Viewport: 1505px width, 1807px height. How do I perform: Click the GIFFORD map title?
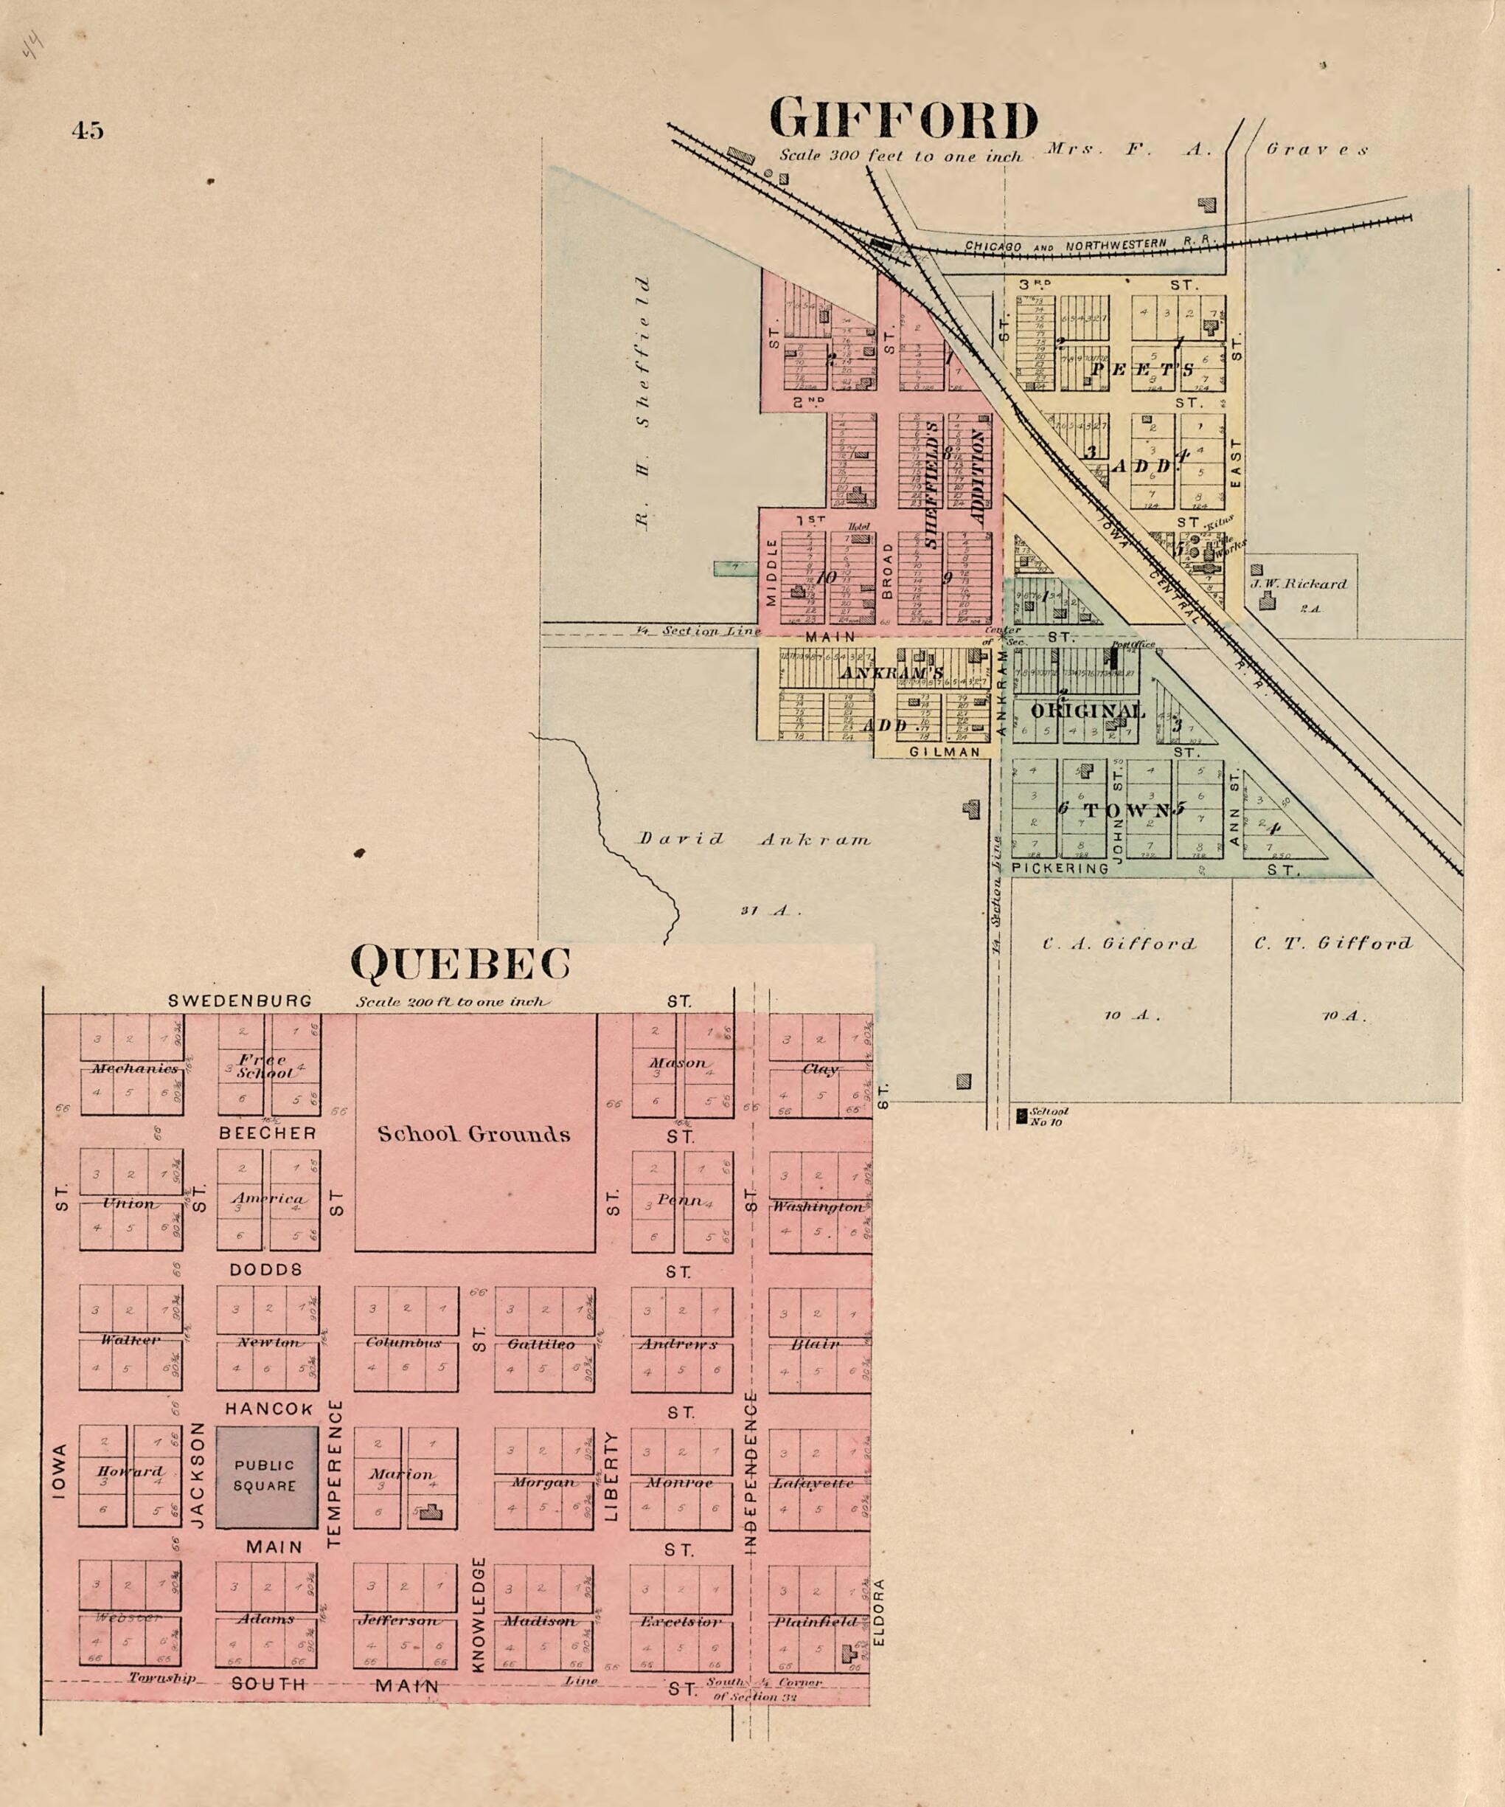click(903, 120)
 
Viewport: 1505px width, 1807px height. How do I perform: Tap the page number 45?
click(88, 131)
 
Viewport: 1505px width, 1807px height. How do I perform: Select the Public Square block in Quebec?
click(265, 1476)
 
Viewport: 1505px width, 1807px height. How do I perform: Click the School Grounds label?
click(474, 1134)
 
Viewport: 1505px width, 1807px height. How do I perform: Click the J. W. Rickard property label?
click(1299, 584)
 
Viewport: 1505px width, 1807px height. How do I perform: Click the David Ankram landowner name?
click(754, 840)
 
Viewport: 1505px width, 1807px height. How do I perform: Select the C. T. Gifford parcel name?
click(1332, 943)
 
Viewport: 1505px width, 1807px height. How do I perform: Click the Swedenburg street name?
click(240, 1001)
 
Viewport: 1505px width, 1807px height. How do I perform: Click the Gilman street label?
click(945, 751)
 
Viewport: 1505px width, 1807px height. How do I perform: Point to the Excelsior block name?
click(679, 1622)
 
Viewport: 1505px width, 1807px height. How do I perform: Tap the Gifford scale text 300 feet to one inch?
click(900, 156)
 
